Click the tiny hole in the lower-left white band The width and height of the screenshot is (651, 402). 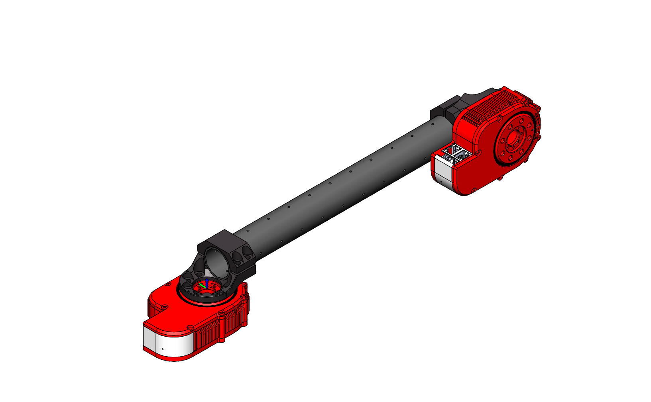[x=163, y=349]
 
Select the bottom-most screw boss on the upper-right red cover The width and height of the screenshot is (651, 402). [x=474, y=190]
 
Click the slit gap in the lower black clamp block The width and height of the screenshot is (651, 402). [x=246, y=267]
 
